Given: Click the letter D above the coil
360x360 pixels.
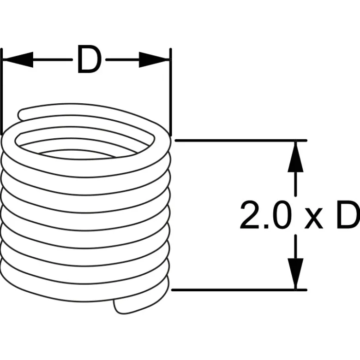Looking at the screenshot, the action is pos(90,59).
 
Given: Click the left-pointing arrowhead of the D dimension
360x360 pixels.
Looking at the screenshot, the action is pos(18,60).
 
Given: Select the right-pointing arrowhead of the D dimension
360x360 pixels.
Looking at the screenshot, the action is pos(154,60).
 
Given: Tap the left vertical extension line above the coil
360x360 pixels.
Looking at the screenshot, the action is pos(2,91).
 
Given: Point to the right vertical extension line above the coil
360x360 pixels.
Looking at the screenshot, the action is pos(171,91).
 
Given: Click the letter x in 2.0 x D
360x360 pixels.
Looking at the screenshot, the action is pos(313,219).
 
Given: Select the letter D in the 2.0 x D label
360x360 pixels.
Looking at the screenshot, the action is pos(348,215).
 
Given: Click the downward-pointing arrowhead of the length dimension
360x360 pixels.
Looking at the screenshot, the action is pos(296,274).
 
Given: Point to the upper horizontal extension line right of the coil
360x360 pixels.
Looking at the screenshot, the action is pos(241,140).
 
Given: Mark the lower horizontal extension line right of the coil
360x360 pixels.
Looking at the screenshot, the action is pos(240,290).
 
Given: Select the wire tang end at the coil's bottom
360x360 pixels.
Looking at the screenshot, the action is pos(120,307).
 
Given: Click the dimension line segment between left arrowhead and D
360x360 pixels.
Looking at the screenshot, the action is pos(53,60).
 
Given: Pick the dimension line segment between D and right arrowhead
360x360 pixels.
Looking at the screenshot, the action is pos(122,60).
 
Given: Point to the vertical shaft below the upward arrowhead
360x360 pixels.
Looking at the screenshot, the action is pos(296,184).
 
